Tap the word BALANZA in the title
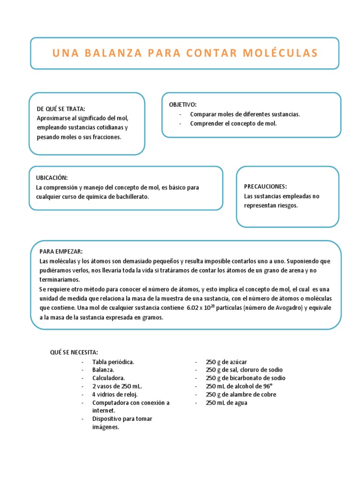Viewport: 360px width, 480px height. coord(112,53)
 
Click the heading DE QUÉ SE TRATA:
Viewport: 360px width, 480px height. coord(61,109)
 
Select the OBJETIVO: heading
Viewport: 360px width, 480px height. coord(183,104)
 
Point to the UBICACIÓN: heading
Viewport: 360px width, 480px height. coord(52,178)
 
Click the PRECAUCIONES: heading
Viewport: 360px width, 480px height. coord(265,186)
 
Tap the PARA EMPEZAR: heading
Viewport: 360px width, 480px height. coord(61,252)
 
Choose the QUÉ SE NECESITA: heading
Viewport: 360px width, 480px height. coord(75,352)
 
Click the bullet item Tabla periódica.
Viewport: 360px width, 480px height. coord(113,362)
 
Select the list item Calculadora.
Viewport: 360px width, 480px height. coord(109,378)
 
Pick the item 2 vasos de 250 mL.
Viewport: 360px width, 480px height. coord(117,386)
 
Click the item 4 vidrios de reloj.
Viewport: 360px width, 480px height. coord(115,394)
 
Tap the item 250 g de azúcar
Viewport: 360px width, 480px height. coord(226,362)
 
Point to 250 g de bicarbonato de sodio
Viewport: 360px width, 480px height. coord(245,378)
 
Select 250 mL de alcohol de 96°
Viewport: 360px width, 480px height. coord(239,386)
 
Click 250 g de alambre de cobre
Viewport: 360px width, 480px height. coord(241,394)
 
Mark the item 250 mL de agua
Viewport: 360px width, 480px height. coord(226,403)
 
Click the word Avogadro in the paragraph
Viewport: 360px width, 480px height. coord(290,308)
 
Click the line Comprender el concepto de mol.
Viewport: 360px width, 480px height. coord(233,124)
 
